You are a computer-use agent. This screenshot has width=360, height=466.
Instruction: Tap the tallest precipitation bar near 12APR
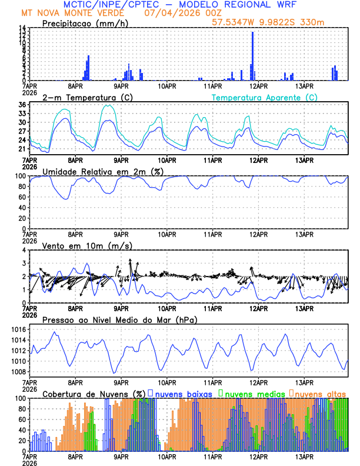(x=253, y=56)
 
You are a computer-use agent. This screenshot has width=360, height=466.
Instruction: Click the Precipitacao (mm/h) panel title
(x=86, y=23)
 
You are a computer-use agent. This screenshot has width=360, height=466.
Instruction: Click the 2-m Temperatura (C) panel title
(x=86, y=97)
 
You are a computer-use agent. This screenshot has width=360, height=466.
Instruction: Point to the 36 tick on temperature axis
(x=22, y=105)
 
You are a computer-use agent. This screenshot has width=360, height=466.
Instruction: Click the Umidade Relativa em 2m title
(x=103, y=171)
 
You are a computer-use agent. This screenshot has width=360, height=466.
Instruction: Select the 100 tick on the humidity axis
(x=19, y=176)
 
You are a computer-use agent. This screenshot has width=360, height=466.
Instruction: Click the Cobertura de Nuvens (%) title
(x=94, y=393)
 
